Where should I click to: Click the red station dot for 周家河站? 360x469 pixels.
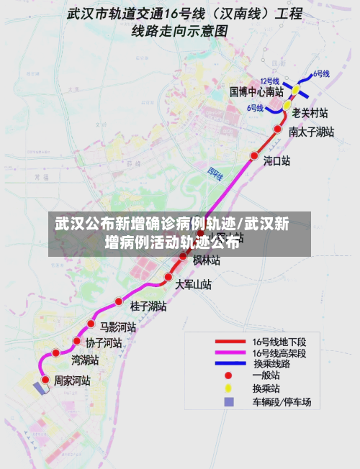tap(45, 379)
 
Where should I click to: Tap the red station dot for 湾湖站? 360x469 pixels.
tap(55, 353)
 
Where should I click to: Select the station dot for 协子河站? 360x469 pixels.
tap(76, 341)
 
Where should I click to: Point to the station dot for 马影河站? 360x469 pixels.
tap(91, 324)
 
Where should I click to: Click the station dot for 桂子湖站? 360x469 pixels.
tap(119, 301)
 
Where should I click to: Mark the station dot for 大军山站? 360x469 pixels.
tap(168, 277)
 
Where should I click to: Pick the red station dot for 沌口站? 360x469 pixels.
tap(253, 155)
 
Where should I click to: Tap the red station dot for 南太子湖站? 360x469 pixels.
tap(278, 129)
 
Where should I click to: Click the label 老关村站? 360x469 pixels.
tap(310, 113)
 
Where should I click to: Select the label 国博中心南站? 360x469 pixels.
tap(256, 92)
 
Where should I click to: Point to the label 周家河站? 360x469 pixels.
tap(72, 380)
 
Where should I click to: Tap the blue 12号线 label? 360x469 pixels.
tap(269, 81)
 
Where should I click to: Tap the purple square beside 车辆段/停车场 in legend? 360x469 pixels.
tap(229, 401)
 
